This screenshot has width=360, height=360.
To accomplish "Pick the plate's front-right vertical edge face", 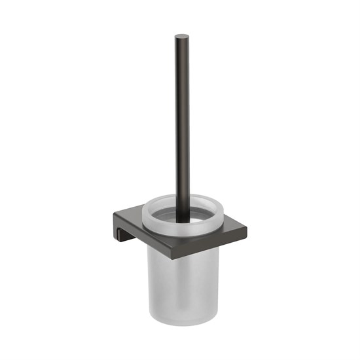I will click(213, 238).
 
